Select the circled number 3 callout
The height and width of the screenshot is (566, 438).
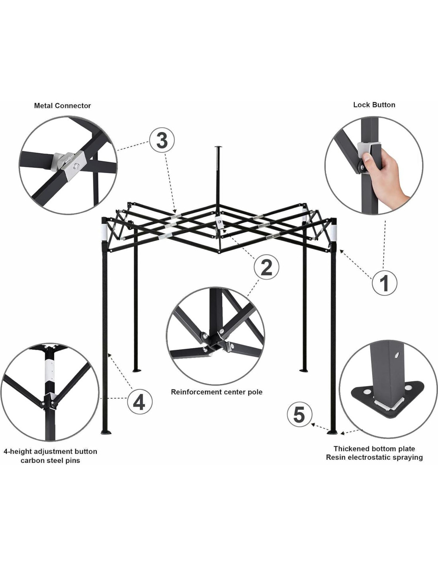pyautogui.click(x=162, y=141)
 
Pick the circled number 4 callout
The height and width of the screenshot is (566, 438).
pyautogui.click(x=140, y=404)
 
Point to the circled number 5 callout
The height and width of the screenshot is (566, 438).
pyautogui.click(x=299, y=415)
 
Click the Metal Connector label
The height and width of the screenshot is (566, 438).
pyautogui.click(x=62, y=106)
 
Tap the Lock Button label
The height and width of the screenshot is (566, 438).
pyautogui.click(x=374, y=105)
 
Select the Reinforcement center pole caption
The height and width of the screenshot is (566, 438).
pyautogui.click(x=217, y=392)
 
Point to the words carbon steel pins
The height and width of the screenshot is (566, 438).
pyautogui.click(x=50, y=461)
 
